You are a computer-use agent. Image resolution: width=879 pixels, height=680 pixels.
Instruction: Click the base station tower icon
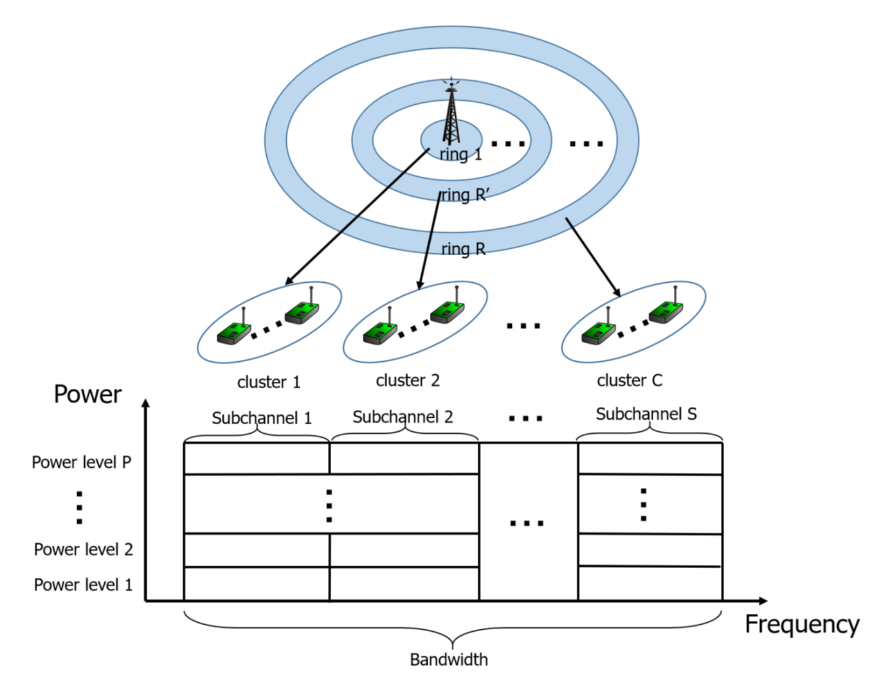[x=451, y=112]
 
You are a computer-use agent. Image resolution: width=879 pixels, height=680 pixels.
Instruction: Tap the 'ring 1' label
[x=460, y=154]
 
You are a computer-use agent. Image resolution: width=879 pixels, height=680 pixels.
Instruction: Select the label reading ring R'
[x=465, y=195]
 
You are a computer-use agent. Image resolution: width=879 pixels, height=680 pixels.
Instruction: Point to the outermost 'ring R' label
[x=463, y=249]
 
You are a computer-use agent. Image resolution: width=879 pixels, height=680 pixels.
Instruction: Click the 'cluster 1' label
[x=269, y=382]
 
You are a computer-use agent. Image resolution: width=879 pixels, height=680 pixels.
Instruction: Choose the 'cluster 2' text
[x=408, y=380]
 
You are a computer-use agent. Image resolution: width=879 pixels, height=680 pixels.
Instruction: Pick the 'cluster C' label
[x=630, y=380]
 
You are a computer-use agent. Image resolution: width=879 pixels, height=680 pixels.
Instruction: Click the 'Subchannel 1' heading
[x=262, y=418]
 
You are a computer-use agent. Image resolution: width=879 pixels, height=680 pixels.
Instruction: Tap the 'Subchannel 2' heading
[x=403, y=417]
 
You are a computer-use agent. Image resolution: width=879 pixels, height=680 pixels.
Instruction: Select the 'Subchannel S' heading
[x=646, y=414]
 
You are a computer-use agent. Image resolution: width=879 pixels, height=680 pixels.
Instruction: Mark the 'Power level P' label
[x=82, y=462]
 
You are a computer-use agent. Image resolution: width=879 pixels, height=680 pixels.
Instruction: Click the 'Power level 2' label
[x=84, y=550]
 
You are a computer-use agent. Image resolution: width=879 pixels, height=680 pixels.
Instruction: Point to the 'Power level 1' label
[x=84, y=585]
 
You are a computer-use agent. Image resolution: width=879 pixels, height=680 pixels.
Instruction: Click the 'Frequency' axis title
[x=802, y=624]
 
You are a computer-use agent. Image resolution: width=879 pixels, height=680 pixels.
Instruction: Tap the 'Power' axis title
[x=87, y=394]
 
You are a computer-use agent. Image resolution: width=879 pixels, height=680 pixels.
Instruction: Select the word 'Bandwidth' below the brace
[x=449, y=659]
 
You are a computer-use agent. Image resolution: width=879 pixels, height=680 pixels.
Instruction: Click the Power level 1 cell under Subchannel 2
[x=404, y=584]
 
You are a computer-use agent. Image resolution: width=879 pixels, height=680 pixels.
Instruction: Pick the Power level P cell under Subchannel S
[x=650, y=458]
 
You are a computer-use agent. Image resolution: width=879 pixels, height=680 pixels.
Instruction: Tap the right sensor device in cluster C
[x=666, y=312]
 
